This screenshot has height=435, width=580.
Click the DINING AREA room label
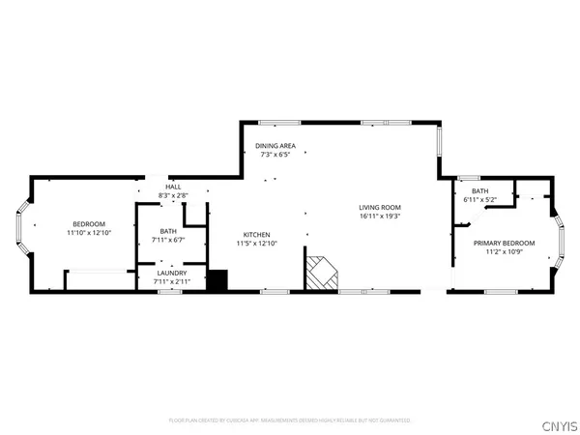click(x=275, y=146)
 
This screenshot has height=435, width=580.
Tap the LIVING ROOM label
click(x=379, y=208)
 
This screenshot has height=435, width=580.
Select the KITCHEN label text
click(x=256, y=234)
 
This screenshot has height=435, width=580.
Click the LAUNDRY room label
click(x=171, y=274)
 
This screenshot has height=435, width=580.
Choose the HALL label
click(x=173, y=188)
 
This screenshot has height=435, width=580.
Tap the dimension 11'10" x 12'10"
click(x=89, y=233)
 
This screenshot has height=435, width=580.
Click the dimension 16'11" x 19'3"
click(x=379, y=217)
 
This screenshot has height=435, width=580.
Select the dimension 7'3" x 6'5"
click(x=275, y=155)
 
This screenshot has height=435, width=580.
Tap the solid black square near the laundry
click(x=218, y=280)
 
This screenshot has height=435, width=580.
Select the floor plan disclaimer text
click(x=289, y=420)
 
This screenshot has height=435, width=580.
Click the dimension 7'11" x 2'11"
click(x=171, y=281)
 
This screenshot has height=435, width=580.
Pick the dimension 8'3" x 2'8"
click(x=173, y=195)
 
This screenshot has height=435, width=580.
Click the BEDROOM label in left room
click(x=89, y=224)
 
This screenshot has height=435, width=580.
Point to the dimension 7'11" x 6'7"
click(x=169, y=240)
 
